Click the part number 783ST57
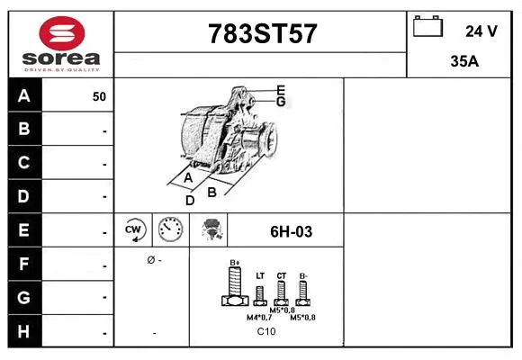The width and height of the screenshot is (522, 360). tap(262, 34)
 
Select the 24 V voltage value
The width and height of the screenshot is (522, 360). tap(481, 31)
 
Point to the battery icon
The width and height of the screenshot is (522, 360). tap(427, 28)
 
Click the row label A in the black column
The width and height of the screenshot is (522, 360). tap(23, 95)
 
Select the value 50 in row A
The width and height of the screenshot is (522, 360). tap(99, 96)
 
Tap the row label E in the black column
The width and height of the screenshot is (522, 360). tap(23, 229)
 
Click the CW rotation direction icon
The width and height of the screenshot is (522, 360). tap(134, 230)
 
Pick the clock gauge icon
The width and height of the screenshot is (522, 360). tap(170, 230)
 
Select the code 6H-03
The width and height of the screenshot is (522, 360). tap(291, 231)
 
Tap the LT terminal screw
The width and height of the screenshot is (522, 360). tap(259, 292)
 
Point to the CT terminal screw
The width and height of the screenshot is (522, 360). tap(281, 291)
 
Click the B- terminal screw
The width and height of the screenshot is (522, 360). tap(303, 291)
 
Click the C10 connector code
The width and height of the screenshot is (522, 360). tap(265, 332)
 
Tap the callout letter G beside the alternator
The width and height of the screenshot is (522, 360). tap(281, 102)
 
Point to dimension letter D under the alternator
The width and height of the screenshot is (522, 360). tap(190, 200)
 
